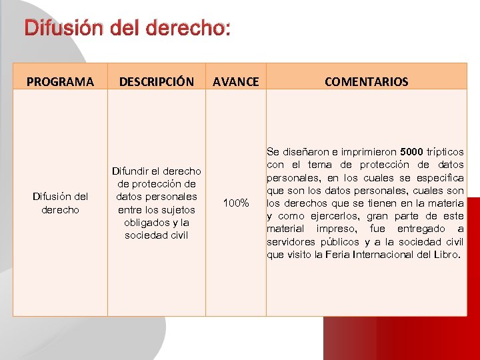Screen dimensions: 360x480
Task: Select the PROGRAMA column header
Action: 60,82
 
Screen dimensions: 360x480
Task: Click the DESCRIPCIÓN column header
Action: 156,82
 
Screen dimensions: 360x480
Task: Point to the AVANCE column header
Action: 235,82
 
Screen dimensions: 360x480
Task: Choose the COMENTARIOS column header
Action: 366,82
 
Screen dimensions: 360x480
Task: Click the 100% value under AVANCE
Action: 236,202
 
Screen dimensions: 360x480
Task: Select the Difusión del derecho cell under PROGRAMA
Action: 60,203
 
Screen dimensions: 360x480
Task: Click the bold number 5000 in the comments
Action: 414,152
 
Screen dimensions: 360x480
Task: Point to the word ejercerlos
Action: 323,216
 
